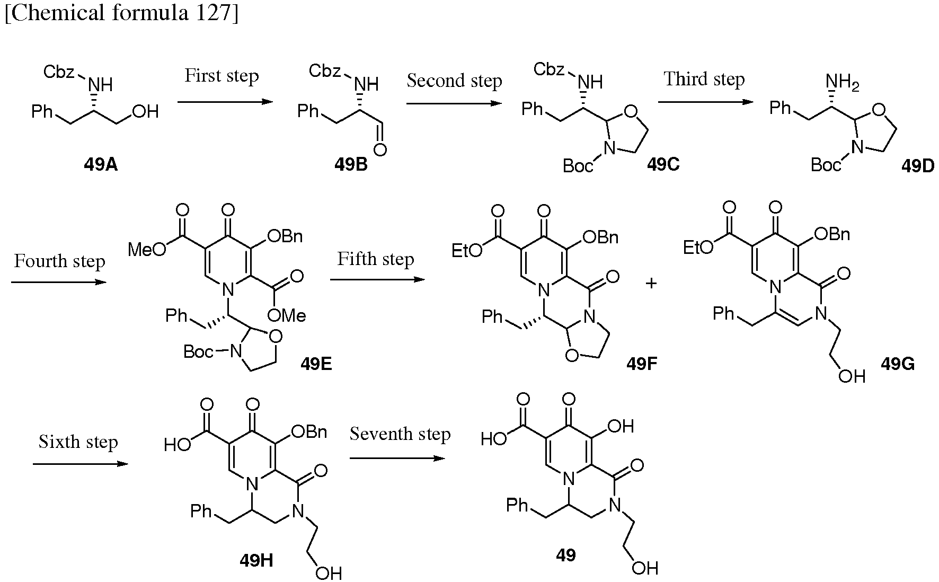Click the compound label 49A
[x=101, y=165]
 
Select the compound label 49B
[x=351, y=165]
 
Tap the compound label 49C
[x=663, y=164]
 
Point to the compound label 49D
[x=918, y=166]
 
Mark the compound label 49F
[x=642, y=364]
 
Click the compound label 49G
[x=898, y=364]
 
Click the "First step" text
[x=222, y=76]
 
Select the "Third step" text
[x=704, y=79]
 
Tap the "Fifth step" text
[x=376, y=259]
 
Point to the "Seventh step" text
[x=400, y=434]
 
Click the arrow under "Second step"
[x=454, y=104]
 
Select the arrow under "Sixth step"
[x=81, y=464]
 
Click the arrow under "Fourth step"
[x=58, y=281]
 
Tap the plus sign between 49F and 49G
[x=651, y=284]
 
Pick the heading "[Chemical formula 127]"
[x=121, y=13]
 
